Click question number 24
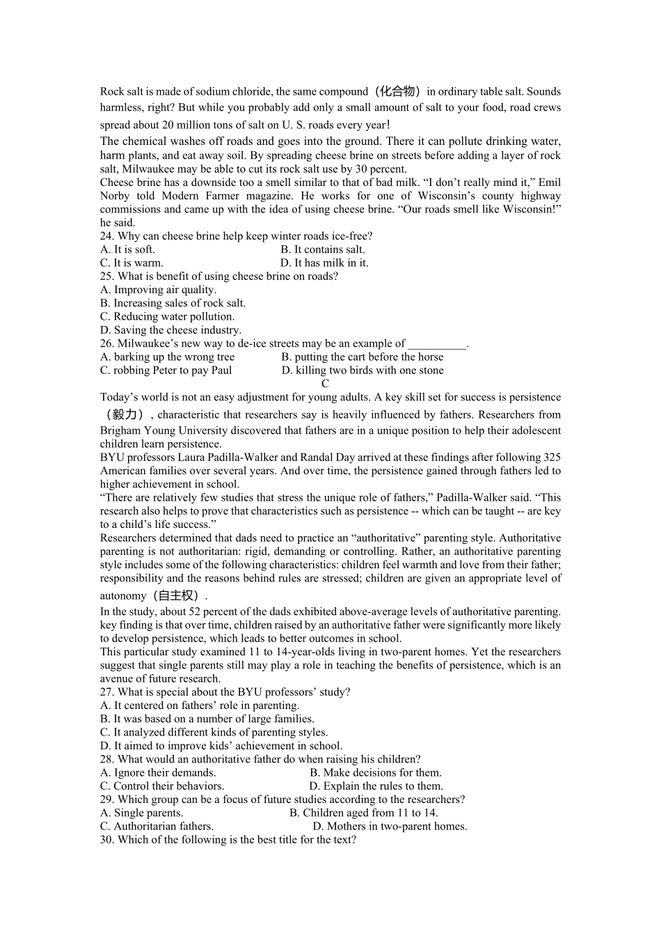coord(107,236)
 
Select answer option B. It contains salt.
coord(323,249)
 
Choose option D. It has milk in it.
coord(324,263)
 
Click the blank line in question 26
coord(436,344)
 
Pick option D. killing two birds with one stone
coord(363,370)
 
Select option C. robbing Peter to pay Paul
coord(166,370)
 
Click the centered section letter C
coord(325,384)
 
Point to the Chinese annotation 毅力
coord(124,414)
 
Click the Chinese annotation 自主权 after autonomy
coord(178,595)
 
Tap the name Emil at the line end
coord(550,182)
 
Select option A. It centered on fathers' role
coord(199,705)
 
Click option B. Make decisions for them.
coord(376,772)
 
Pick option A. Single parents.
coord(141,813)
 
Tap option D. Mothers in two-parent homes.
coord(390,827)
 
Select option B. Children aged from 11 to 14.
coord(363,813)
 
